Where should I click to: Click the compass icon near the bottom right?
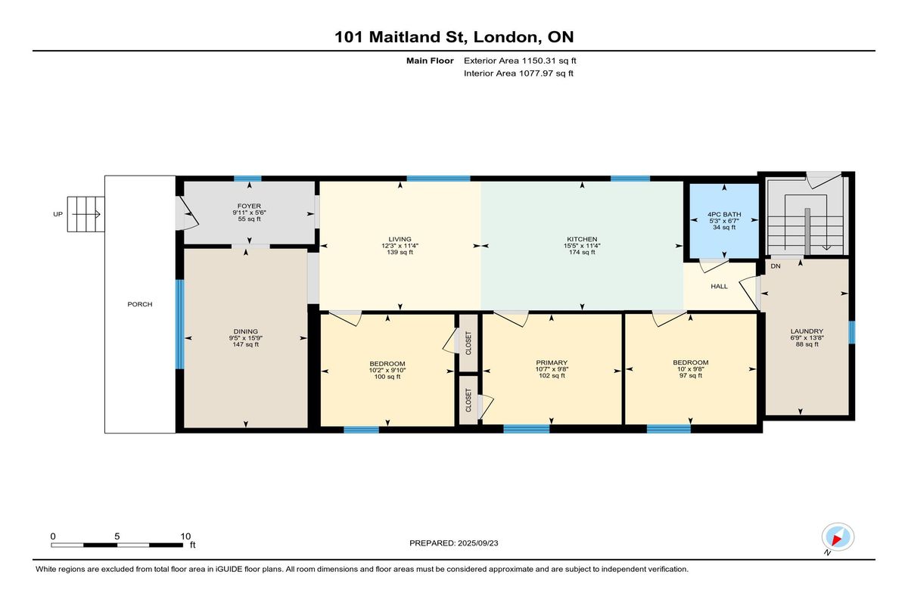[838, 537]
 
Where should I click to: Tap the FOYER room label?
[249, 206]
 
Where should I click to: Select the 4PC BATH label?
[724, 214]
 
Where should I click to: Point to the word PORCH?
[140, 304]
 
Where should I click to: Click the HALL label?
[719, 286]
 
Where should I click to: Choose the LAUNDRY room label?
[807, 331]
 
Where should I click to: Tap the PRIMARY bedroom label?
[552, 362]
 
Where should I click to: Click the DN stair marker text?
[776, 266]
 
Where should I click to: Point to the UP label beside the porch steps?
[58, 214]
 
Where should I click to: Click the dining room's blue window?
[179, 324]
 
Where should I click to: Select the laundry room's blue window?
[852, 332]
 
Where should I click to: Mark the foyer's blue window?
[247, 179]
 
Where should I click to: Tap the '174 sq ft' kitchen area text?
[582, 252]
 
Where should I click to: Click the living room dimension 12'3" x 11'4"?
[400, 246]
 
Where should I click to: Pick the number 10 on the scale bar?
[185, 536]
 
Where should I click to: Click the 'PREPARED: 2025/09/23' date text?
[453, 543]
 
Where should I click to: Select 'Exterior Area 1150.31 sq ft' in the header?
[520, 61]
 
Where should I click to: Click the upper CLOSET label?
[468, 343]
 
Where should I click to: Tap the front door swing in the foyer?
[189, 213]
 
